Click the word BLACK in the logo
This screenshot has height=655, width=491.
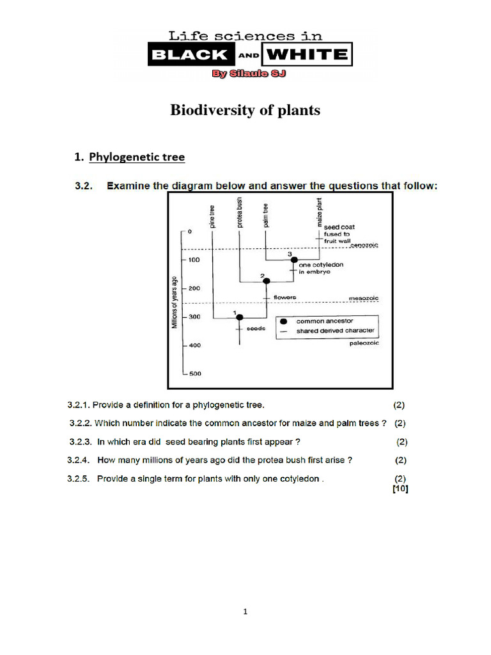pos(188,55)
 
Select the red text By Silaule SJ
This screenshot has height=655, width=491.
pos(249,74)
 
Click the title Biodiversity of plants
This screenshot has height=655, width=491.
pos(245,111)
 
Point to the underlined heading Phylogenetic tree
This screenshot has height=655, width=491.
pos(137,156)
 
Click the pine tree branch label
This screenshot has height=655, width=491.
pos(212,216)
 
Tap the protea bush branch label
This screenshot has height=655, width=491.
pos(239,212)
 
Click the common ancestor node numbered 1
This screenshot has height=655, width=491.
pos(240,317)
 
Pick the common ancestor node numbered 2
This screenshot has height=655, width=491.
pos(267,281)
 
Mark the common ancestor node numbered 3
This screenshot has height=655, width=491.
pos(293,260)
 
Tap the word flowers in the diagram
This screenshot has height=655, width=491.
pos(284,297)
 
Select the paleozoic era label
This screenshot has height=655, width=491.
pos(364,343)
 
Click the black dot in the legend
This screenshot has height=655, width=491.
pos(283,321)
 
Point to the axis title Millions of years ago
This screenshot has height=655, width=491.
pos(173,302)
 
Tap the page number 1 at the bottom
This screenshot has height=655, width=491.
pos(245,612)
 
